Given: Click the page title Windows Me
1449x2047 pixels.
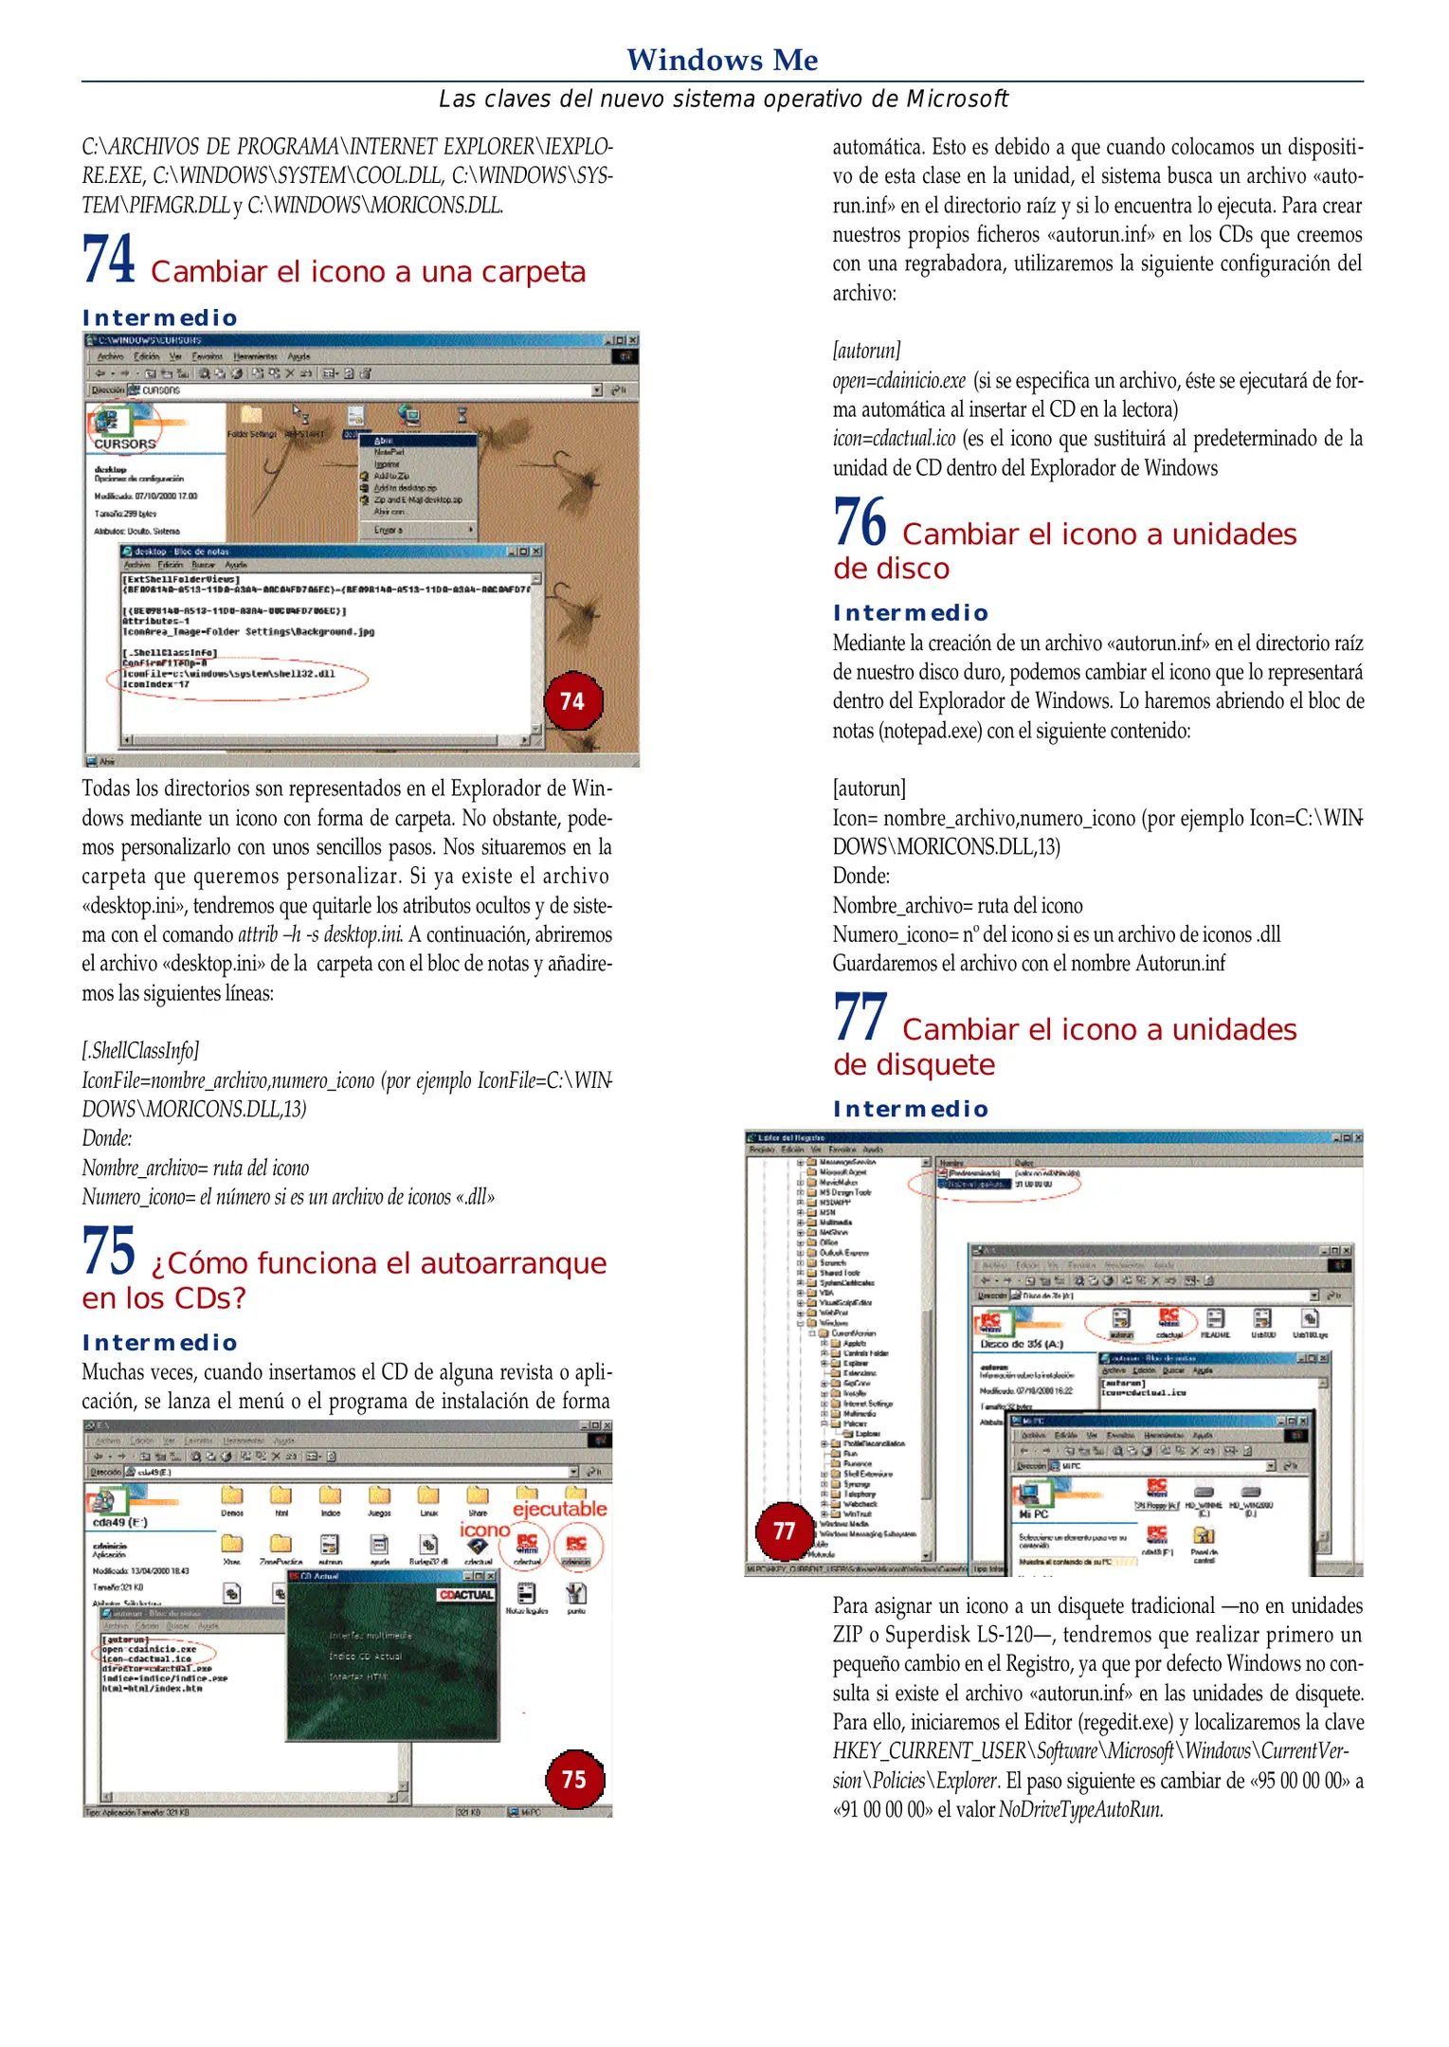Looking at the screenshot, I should click(x=722, y=61).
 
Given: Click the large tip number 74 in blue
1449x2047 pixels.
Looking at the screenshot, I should click(x=108, y=260).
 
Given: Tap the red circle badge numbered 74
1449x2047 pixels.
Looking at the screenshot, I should click(x=572, y=700).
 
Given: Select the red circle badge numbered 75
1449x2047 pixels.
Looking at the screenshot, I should click(x=574, y=1779).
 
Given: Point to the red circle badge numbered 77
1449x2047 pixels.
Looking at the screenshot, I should click(x=784, y=1531).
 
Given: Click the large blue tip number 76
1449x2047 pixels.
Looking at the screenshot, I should click(x=859, y=522).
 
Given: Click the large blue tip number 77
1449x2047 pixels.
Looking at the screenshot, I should click(x=860, y=1017).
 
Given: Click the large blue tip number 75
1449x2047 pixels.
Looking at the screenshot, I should click(x=108, y=1251).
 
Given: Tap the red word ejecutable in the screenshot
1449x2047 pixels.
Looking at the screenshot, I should click(x=559, y=1509).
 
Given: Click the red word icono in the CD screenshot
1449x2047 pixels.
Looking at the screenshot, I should click(x=484, y=1530).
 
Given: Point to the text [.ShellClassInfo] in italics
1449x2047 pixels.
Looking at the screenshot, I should click(x=140, y=1050).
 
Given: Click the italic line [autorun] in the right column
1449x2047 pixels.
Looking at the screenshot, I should click(x=866, y=351).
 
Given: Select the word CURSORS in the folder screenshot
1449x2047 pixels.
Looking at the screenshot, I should click(x=124, y=444).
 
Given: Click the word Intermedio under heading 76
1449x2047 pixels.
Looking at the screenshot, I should click(x=910, y=613).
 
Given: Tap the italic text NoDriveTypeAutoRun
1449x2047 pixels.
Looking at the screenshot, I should click(x=1080, y=1810).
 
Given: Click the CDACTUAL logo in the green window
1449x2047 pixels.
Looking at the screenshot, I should click(x=466, y=1594).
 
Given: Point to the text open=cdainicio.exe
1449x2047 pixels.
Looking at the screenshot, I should click(x=898, y=381).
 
